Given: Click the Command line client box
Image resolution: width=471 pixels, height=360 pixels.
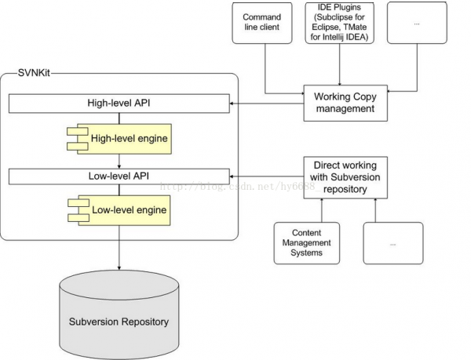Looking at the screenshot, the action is coord(262,23).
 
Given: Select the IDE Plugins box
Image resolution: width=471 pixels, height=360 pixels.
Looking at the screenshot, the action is coord(339,23).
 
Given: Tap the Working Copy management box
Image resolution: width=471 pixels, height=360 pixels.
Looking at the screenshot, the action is coord(345,103).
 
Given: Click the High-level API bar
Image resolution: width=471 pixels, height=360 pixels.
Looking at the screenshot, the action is coord(119,104).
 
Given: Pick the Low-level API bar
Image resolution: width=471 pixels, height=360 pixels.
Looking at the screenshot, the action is coord(119,176).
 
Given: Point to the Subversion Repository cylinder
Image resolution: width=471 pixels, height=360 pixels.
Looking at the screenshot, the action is coord(119,315).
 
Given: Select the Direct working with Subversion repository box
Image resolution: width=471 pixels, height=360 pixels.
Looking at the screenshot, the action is coord(345,177).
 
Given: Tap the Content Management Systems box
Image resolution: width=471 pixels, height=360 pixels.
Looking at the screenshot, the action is coord(307,243).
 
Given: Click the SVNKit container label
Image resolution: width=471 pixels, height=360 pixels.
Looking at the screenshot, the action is coord(34,73).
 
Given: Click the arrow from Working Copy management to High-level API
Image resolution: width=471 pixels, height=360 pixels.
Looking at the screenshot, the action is coord(266,104).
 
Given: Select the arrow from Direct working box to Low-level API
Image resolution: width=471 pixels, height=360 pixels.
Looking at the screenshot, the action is coord(266,176).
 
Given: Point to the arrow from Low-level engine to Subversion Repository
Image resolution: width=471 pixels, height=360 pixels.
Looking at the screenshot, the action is coord(119,248).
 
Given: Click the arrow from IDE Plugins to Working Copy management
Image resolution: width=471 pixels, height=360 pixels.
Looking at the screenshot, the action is coord(340,64).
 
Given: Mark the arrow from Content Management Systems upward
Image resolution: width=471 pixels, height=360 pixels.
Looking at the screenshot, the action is coord(322,210).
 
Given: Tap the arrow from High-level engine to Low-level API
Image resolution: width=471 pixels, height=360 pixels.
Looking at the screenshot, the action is coord(119,162).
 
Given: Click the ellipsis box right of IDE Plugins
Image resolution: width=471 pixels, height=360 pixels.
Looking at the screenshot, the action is coord(417,23).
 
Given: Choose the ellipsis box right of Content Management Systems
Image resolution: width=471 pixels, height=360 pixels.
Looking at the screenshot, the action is coord(393,243).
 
